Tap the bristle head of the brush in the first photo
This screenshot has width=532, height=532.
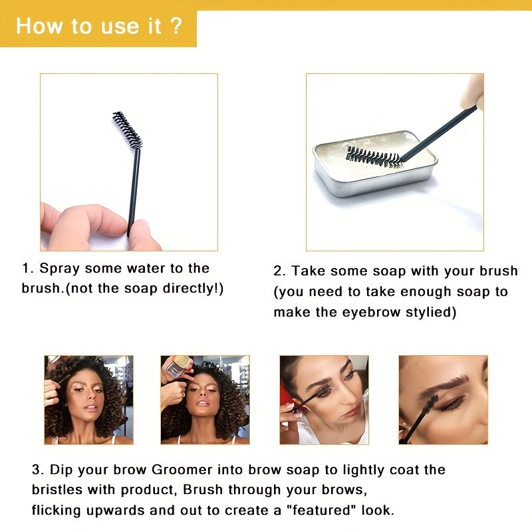pyautogui.click(x=128, y=130)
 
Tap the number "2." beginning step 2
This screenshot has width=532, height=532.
pyautogui.click(x=280, y=271)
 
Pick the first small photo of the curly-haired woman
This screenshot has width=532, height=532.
pyautogui.click(x=88, y=399)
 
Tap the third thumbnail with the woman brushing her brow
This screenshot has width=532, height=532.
pyautogui.click(x=324, y=399)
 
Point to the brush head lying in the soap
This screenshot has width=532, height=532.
pyautogui.click(x=373, y=157)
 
